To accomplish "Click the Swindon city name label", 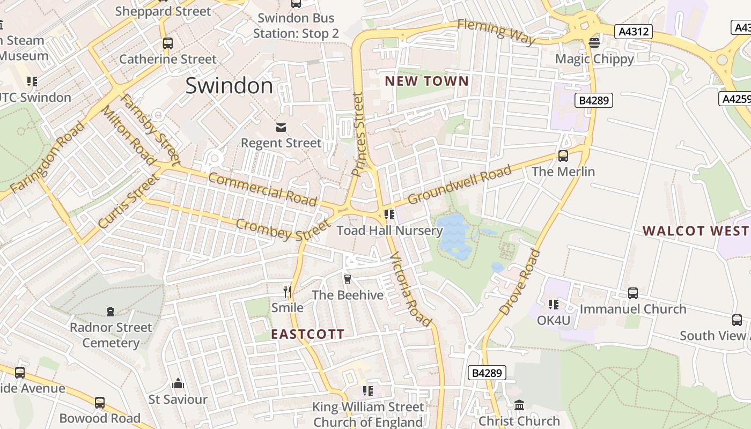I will (x=229, y=86).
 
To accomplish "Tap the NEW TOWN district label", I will (x=427, y=82).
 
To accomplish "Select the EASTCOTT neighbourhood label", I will (x=307, y=335).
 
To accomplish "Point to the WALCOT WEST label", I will (x=695, y=231).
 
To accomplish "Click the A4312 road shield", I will (x=634, y=32).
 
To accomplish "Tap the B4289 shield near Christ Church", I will (x=487, y=373).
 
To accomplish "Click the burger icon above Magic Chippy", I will (x=594, y=42).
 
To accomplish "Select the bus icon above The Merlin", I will (x=563, y=156).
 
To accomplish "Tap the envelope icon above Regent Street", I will (x=281, y=128).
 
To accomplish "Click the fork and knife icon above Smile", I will (x=288, y=292).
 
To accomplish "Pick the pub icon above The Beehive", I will (x=347, y=279).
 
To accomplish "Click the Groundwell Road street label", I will (x=460, y=185).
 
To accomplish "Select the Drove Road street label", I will (x=519, y=283).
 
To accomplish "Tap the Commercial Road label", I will (x=262, y=189).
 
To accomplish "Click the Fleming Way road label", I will (x=497, y=32).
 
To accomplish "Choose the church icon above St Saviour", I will (x=178, y=383).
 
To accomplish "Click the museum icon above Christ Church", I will (x=519, y=405).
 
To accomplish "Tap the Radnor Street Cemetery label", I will (x=111, y=335).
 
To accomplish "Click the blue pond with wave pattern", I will (x=454, y=236).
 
